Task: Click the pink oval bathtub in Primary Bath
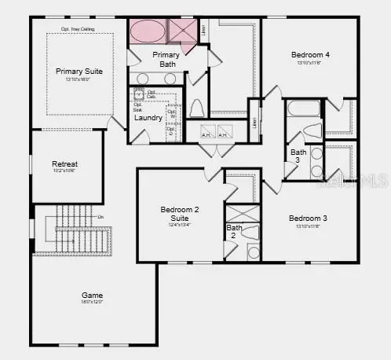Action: point(147,32)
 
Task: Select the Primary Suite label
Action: point(79,72)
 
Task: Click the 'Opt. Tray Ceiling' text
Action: point(78,30)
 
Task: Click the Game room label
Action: point(91,296)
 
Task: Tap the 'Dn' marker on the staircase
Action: point(100,216)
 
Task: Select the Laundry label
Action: point(148,119)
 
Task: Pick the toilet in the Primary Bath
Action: point(197,108)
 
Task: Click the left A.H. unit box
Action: point(206,131)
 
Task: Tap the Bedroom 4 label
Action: point(310,55)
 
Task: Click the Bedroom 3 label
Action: point(307,218)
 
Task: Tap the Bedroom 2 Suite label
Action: point(180,214)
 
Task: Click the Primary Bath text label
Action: point(166,59)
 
